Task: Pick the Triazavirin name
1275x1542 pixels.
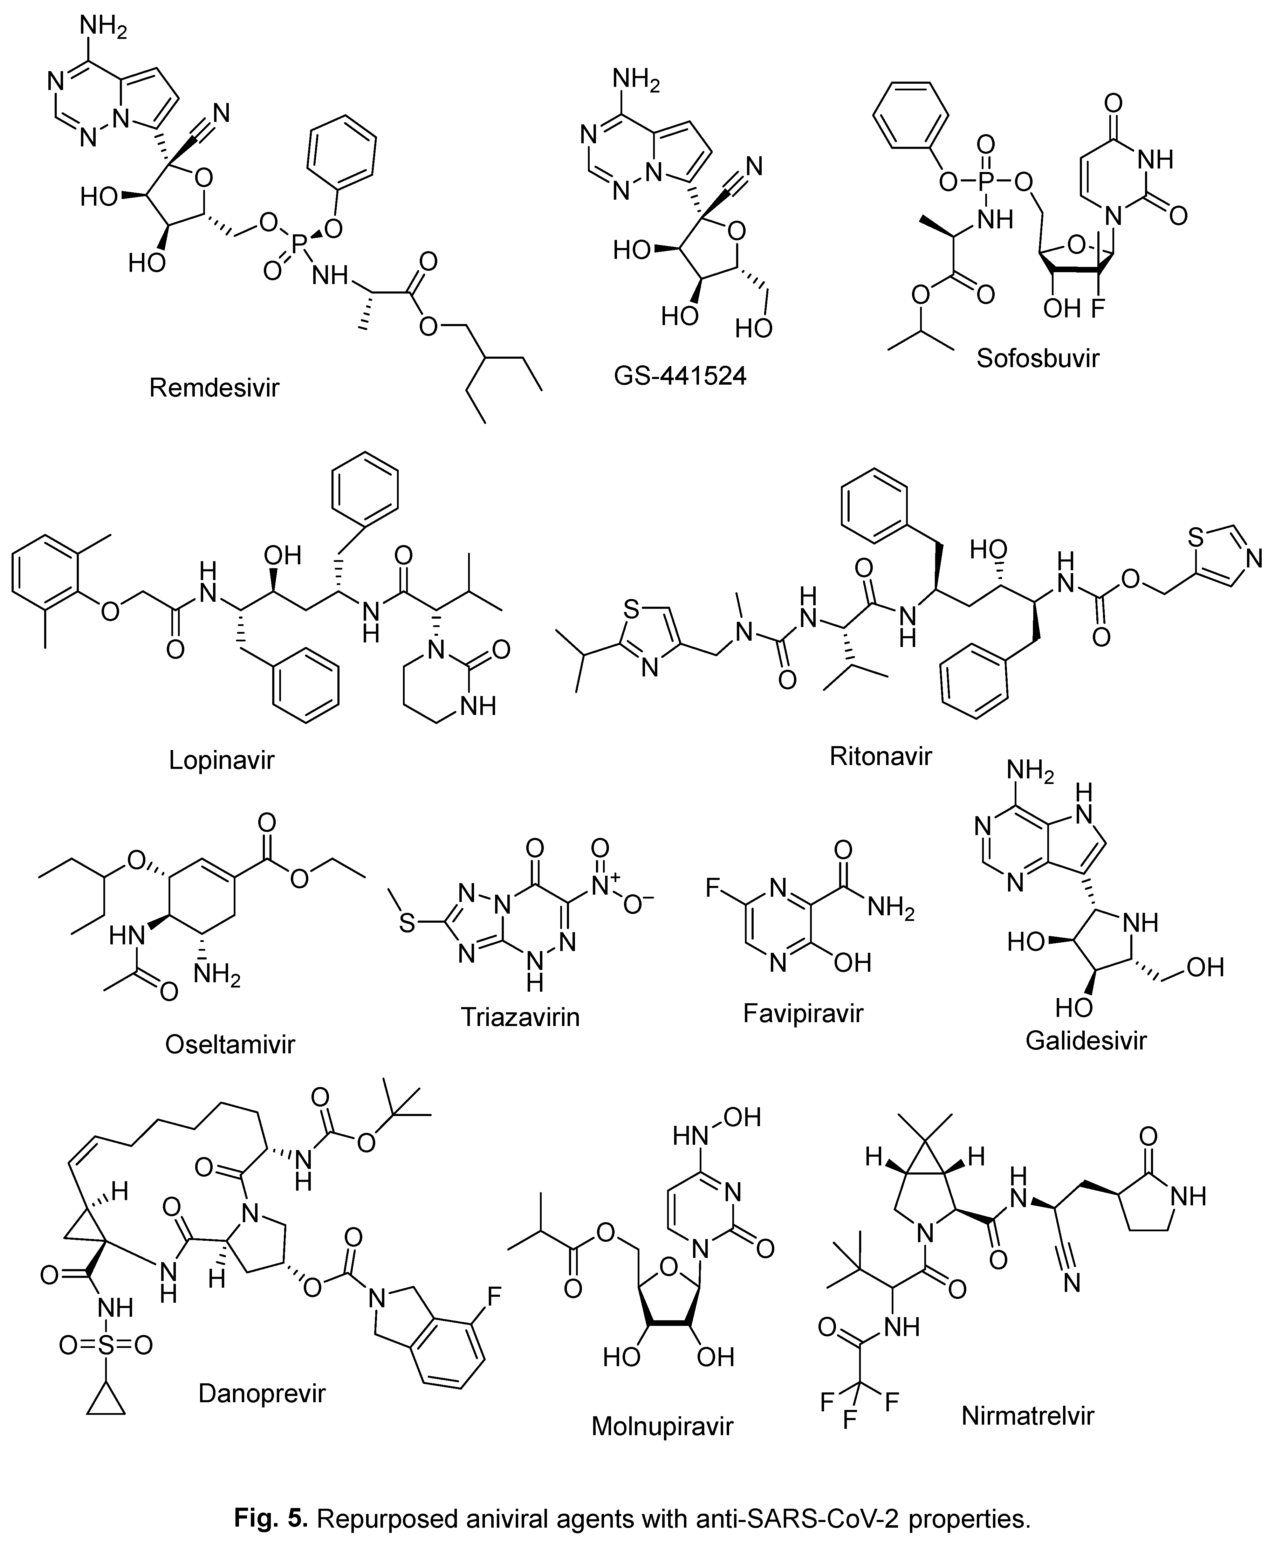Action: click(x=520, y=1017)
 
